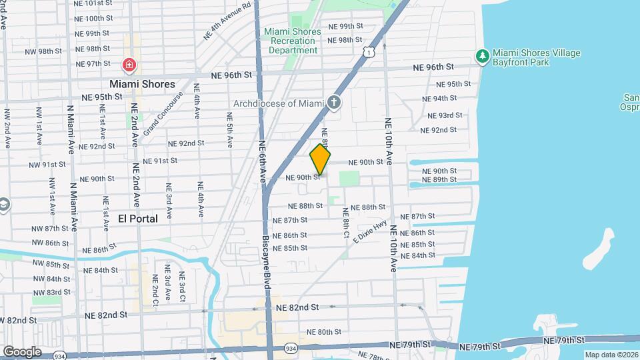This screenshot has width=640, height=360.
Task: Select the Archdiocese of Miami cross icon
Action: (334, 103)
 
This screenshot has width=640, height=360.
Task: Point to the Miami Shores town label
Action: (142, 84)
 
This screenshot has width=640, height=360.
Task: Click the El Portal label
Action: (138, 218)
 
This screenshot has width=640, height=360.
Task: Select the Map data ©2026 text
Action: (611, 355)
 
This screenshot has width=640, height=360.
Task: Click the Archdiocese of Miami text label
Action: (278, 103)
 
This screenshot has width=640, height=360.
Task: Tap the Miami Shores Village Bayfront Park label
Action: (536, 58)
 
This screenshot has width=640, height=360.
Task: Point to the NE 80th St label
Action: (324, 331)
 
